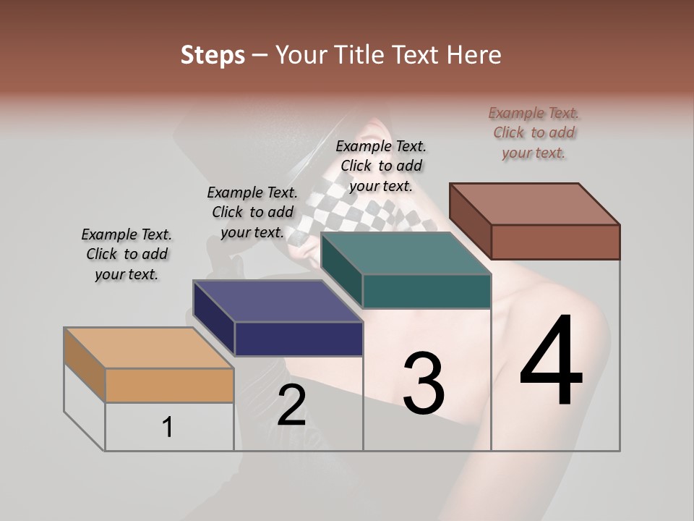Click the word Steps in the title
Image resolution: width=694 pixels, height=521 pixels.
(x=213, y=54)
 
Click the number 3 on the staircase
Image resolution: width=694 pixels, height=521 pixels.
(x=424, y=384)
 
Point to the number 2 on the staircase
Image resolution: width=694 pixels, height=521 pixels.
(x=291, y=405)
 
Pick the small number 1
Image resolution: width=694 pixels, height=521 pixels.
(x=168, y=428)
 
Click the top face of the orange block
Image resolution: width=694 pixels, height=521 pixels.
(x=148, y=348)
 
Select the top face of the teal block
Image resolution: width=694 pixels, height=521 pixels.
(x=406, y=254)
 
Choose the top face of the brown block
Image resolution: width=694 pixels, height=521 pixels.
(x=535, y=204)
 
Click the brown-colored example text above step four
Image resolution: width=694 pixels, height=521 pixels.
(x=534, y=132)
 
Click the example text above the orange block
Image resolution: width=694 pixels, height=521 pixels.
(x=127, y=254)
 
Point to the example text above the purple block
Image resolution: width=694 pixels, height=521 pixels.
(x=252, y=212)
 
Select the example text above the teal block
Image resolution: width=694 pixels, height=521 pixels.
(x=381, y=166)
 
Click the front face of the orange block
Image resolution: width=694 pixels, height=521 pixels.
(x=169, y=386)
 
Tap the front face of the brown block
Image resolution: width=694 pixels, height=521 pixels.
(x=555, y=242)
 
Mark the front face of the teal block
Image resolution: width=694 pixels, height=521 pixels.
(x=427, y=291)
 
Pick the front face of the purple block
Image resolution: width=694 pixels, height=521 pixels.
(x=299, y=339)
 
